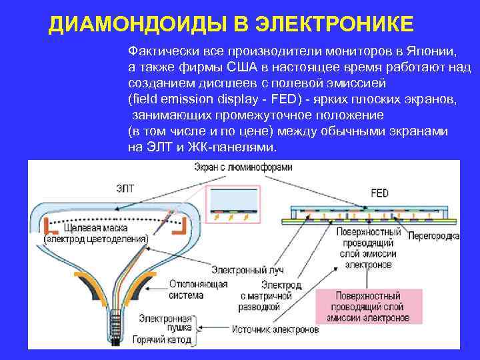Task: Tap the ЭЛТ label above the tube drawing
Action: [125, 189]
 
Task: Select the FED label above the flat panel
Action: [379, 193]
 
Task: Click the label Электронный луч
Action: [247, 270]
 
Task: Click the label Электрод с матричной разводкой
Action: [266, 296]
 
